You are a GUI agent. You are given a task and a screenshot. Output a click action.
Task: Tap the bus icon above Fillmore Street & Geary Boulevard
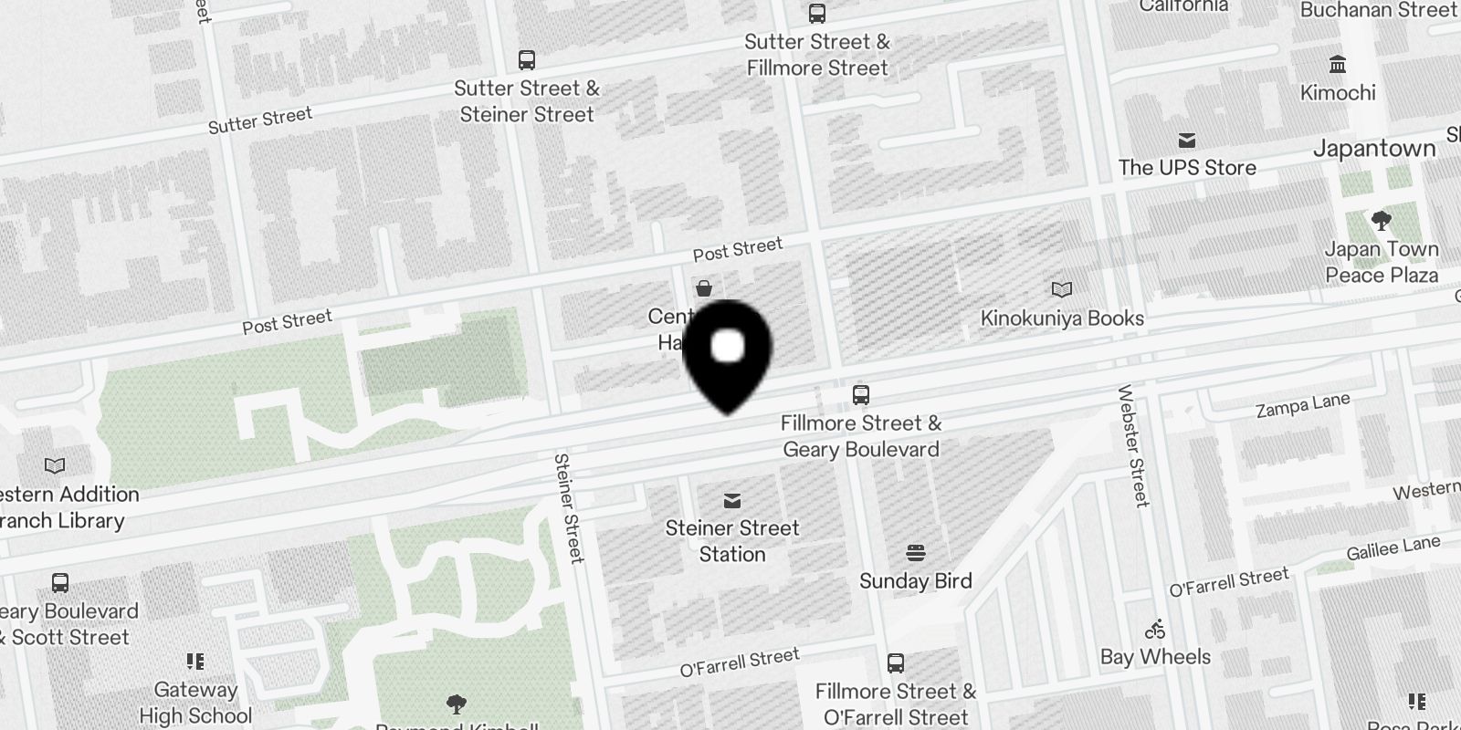860,395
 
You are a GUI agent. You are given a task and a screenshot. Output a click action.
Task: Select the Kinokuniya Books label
1062,318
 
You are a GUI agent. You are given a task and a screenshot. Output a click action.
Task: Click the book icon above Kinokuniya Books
1061,290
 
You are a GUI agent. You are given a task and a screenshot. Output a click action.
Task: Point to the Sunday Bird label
915,581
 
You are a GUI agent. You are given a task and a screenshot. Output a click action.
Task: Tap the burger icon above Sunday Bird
915,553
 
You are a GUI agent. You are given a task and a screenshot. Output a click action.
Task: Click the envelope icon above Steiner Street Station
731,501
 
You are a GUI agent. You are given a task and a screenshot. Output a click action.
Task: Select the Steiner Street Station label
731,541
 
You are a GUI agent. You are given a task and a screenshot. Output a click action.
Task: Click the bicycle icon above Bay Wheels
1155,630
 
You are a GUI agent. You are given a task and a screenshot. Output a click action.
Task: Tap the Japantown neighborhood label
1374,149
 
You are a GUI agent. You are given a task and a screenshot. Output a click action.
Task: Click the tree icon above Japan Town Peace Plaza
1381,221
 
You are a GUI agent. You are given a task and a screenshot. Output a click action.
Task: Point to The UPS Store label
1187,168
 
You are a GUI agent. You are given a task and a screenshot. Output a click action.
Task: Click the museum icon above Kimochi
1338,65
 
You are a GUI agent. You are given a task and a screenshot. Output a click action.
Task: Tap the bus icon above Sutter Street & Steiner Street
526,60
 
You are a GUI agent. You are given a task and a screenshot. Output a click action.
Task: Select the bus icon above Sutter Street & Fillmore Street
816,14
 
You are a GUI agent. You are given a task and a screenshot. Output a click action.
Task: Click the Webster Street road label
1133,445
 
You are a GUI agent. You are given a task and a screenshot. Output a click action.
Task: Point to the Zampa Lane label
1302,405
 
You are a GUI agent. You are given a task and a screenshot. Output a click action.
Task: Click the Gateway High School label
195,703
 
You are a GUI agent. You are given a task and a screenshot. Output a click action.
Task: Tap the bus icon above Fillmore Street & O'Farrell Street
896,663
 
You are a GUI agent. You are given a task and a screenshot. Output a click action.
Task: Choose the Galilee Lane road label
1393,547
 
